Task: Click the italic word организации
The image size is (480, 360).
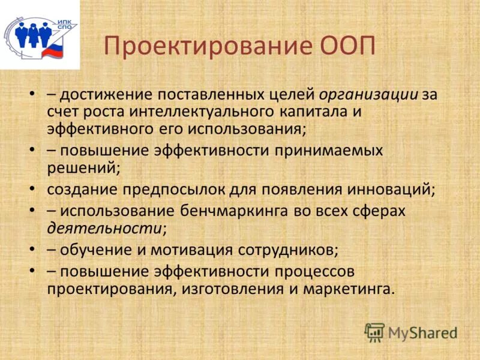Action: click(x=368, y=95)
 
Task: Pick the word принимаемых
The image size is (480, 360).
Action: click(x=329, y=150)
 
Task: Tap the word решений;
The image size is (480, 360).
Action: click(x=83, y=167)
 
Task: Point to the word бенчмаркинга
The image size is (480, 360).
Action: click(x=241, y=211)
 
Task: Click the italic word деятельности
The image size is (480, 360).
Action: click(x=104, y=227)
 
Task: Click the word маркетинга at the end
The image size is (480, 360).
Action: click(x=349, y=288)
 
